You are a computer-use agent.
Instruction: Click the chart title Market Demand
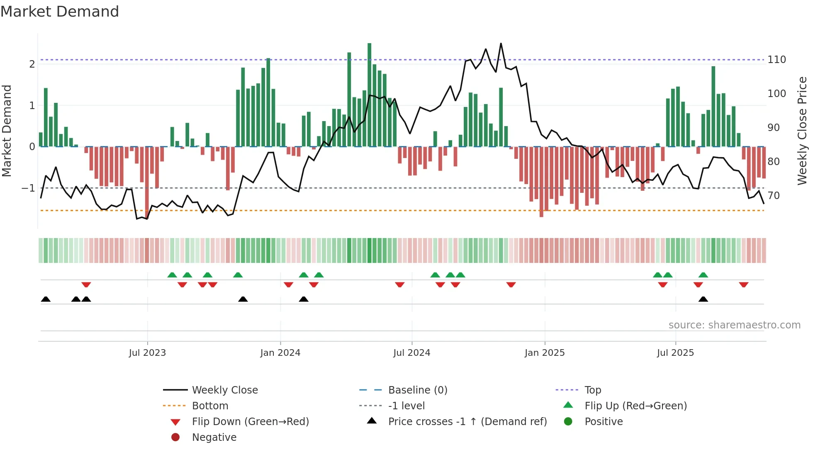[60, 12]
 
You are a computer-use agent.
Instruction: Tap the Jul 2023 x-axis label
[147, 353]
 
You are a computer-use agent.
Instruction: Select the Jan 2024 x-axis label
[280, 353]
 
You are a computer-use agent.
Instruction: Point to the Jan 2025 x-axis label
[544, 353]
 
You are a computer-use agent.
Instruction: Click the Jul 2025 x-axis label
[675, 353]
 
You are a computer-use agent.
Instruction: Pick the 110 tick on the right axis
[776, 60]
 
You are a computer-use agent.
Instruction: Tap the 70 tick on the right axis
[773, 195]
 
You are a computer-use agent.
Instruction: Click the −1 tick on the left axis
[28, 188]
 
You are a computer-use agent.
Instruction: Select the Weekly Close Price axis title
[802, 131]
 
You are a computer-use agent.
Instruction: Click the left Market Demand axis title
[7, 131]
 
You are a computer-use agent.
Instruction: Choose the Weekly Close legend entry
[224, 390]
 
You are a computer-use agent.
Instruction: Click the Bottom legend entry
[210, 406]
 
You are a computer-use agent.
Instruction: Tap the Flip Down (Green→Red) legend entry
[250, 422]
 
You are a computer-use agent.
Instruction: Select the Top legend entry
[592, 390]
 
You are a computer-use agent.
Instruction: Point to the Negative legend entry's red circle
[175, 438]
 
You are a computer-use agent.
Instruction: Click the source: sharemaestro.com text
[734, 325]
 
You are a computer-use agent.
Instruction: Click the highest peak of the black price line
[501, 44]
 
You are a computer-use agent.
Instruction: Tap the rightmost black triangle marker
[703, 299]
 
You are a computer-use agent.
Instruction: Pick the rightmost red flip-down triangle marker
[743, 285]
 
